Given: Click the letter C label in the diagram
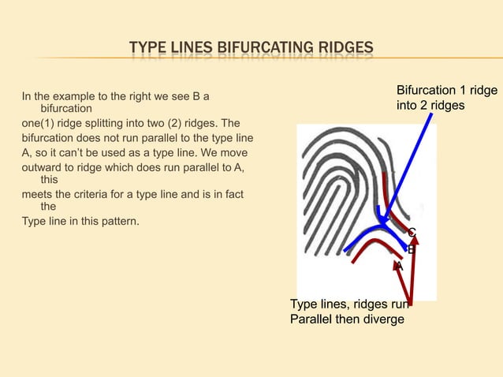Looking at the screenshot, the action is click(x=412, y=233).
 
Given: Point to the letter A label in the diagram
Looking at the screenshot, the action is click(x=400, y=267).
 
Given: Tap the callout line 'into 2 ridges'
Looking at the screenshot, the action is click(x=430, y=105).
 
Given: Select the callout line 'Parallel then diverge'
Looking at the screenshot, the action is click(x=347, y=319).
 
